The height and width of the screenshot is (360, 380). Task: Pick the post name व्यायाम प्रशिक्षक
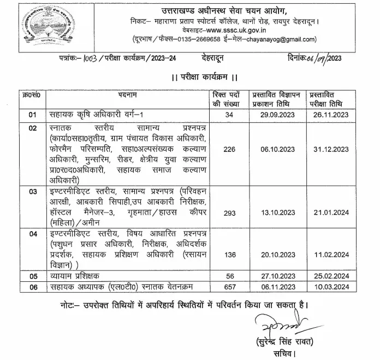tap(74, 276)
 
